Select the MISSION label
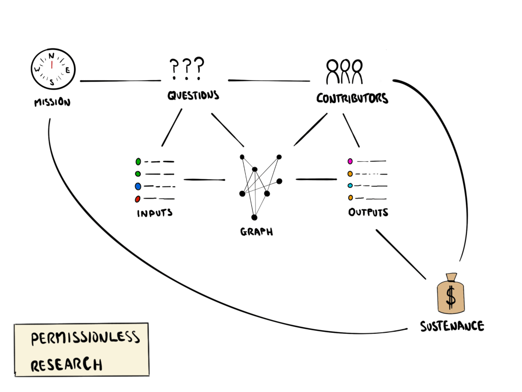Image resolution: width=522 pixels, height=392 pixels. tap(52, 102)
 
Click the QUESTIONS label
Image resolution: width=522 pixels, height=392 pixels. tap(193, 95)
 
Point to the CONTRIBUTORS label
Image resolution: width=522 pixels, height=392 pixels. tap(352, 98)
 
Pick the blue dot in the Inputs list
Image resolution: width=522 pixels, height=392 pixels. tap(138, 186)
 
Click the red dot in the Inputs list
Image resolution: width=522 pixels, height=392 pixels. tap(138, 199)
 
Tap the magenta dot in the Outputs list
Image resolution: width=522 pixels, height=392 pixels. tap(350, 161)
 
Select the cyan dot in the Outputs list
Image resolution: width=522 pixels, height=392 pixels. tap(350, 185)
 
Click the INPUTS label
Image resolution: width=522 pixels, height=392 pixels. tap(154, 213)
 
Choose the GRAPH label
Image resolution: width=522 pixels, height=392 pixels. tap(256, 232)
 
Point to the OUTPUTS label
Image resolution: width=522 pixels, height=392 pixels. tap(368, 212)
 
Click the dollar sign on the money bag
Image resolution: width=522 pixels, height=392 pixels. tap(451, 296)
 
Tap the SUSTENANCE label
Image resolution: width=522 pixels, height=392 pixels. tap(452, 326)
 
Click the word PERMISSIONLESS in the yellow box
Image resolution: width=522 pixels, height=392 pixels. tap(85, 338)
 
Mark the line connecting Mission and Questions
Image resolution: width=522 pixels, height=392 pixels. tap(120, 81)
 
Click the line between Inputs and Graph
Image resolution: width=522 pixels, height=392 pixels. tap(204, 180)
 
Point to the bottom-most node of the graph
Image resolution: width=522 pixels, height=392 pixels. tap(254, 217)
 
